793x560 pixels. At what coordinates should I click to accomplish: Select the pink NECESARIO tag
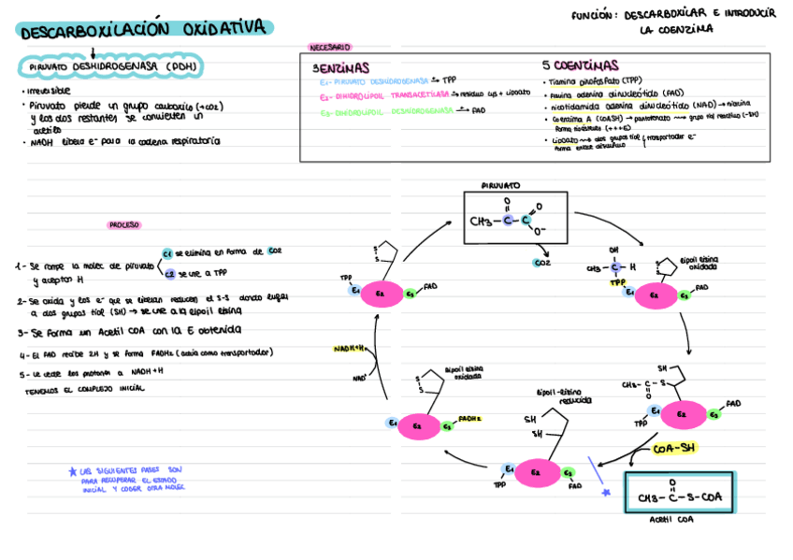(329, 47)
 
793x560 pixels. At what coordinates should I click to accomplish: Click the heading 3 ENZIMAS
(340, 67)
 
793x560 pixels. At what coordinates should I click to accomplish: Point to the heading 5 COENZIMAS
(580, 66)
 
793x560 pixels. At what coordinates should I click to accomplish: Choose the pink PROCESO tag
(124, 224)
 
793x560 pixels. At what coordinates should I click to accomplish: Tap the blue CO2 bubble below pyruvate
(541, 264)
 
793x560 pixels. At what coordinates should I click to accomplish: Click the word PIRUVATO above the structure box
(501, 186)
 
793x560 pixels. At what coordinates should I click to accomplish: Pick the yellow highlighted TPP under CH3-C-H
(617, 281)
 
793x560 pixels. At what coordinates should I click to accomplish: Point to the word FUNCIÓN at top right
(594, 15)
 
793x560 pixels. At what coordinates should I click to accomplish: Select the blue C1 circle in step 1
(166, 253)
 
